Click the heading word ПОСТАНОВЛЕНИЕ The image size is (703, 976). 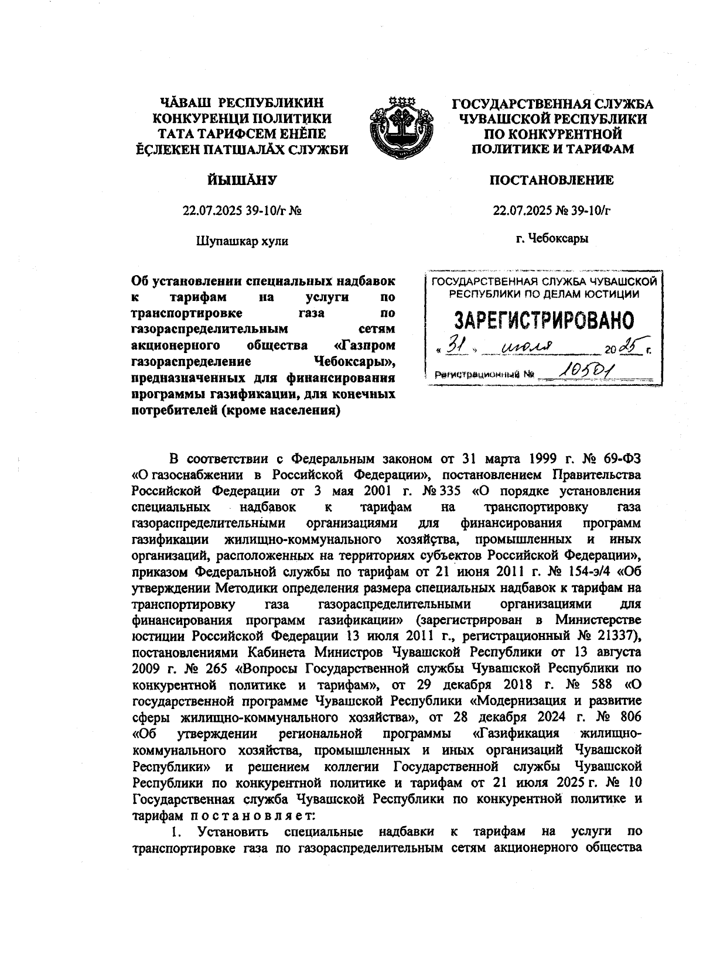pos(551,180)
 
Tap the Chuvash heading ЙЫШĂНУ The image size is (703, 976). pos(241,181)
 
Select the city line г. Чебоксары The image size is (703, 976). pos(552,238)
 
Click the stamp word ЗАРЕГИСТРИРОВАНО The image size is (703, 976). pos(545,320)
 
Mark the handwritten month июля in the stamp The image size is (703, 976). pos(527,349)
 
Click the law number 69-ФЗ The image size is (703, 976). pos(617,457)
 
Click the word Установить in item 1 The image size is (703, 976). pos(233,831)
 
